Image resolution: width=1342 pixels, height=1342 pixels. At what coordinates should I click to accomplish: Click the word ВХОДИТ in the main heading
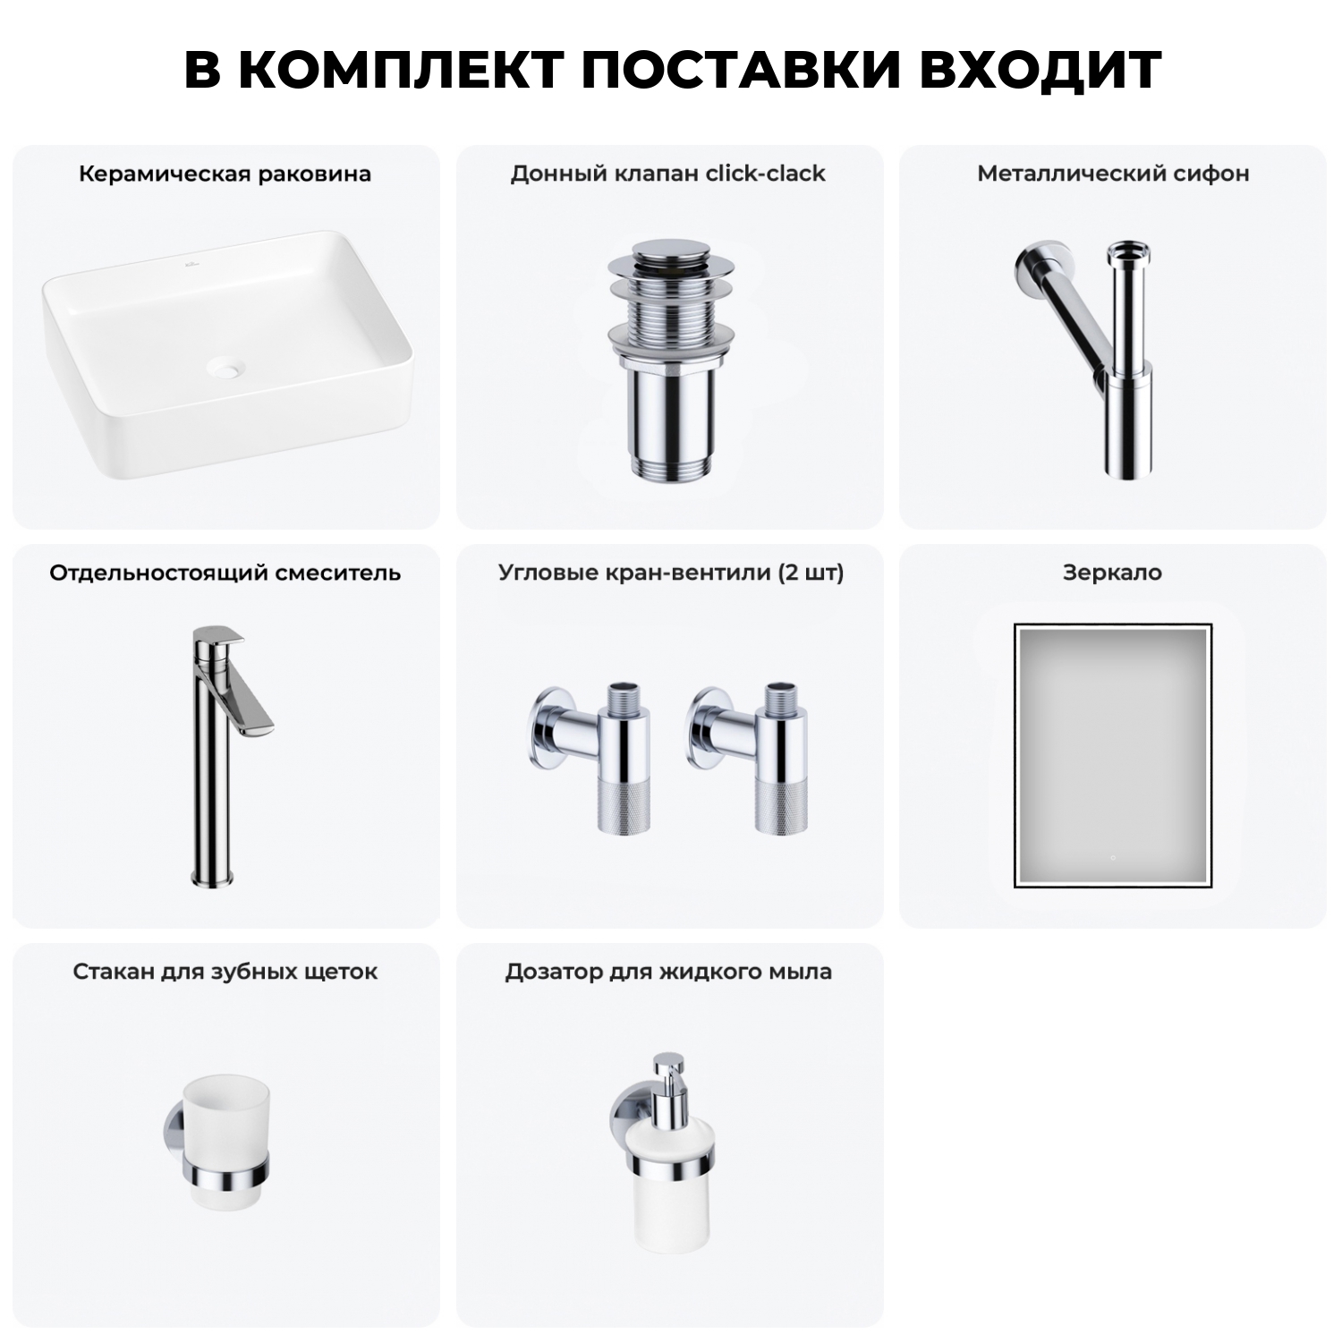click(x=1040, y=70)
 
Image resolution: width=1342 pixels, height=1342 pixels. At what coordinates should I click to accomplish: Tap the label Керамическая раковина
click(x=225, y=174)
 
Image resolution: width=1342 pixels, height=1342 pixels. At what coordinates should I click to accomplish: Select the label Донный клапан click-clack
click(x=667, y=174)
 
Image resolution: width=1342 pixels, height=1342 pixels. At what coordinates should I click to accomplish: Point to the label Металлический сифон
click(x=1112, y=174)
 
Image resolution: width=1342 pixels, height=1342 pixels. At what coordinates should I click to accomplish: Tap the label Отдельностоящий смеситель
click(x=225, y=573)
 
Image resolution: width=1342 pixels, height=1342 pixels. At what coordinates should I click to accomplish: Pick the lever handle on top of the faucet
click(x=220, y=639)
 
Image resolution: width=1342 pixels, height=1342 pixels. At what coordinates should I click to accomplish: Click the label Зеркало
click(x=1112, y=573)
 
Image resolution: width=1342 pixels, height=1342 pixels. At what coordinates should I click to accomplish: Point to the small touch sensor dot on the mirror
click(x=1112, y=858)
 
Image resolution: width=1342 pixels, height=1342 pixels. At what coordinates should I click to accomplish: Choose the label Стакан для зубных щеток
click(x=225, y=972)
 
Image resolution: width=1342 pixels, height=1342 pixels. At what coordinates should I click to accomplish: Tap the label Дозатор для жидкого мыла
click(x=667, y=972)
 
